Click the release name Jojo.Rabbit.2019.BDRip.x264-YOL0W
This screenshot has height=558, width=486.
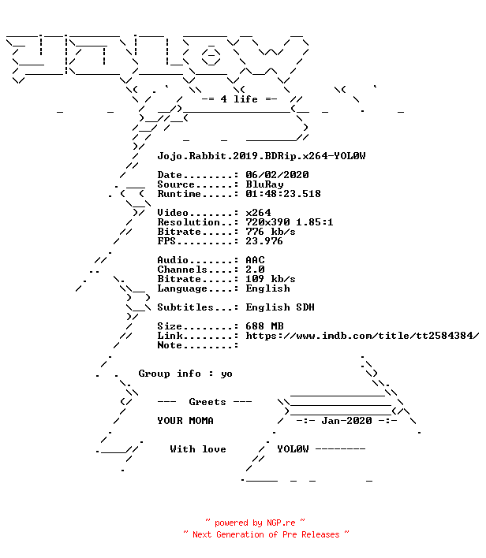tap(261, 156)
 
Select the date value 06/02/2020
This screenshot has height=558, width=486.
tap(277, 175)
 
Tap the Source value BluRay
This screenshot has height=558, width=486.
tap(265, 184)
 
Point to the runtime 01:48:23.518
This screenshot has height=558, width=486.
tap(283, 194)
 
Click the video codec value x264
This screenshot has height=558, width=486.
tap(258, 213)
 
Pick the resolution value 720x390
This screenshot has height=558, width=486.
tap(267, 222)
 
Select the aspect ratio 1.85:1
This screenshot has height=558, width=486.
tap(315, 222)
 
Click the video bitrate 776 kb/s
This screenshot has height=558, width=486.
tap(271, 232)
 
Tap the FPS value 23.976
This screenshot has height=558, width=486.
tap(264, 241)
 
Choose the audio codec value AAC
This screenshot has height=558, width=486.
tap(255, 260)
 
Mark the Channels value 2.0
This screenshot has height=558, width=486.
tap(255, 270)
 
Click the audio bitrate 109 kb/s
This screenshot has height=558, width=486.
tap(271, 279)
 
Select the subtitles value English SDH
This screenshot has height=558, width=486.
tap(280, 307)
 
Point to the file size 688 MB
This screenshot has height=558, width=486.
tap(265, 326)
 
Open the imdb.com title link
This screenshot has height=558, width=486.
tap(362, 336)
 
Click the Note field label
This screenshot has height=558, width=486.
tap(170, 345)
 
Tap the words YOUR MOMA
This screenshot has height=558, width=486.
tap(185, 421)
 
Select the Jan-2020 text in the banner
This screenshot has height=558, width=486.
tap(346, 421)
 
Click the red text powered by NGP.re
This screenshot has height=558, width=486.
tap(255, 523)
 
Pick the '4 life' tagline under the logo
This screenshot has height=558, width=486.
tap(239, 99)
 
